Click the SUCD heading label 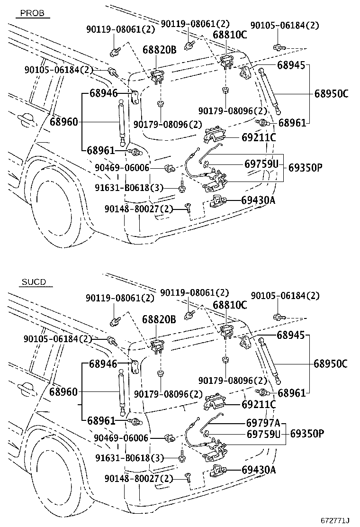coord(34,282)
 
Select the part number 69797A coord(263,423)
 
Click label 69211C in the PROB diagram coord(258,138)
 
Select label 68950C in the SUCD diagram coord(331,363)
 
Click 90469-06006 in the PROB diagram coord(122,168)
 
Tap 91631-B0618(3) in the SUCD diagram coord(129,458)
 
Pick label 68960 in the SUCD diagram coord(63,392)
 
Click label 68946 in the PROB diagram coord(103,93)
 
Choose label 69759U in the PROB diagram coord(261,164)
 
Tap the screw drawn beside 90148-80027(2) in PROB coord(188,208)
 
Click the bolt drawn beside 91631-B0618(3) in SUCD coord(182,458)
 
